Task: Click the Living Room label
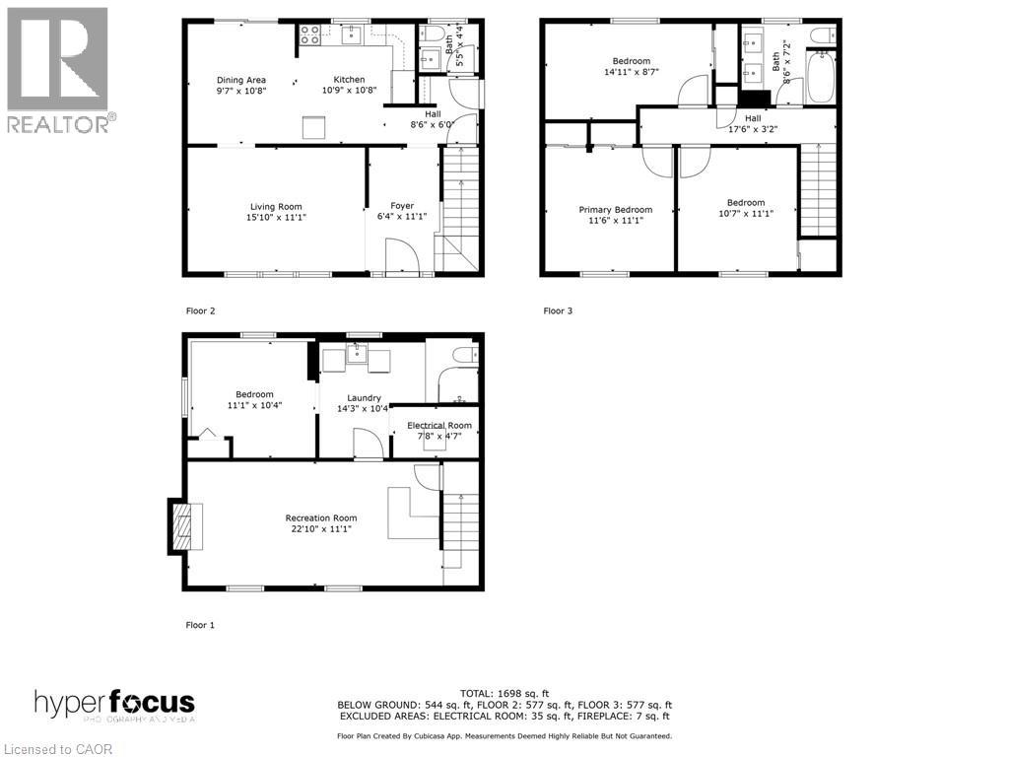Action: [277, 206]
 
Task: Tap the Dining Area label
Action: [241, 80]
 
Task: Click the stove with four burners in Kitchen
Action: [309, 35]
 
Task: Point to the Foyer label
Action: [401, 206]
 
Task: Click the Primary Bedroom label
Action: [615, 209]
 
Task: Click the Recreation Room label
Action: [321, 517]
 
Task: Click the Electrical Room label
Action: [439, 426]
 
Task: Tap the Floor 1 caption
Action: [200, 625]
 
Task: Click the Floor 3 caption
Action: [558, 310]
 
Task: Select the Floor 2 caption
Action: [200, 310]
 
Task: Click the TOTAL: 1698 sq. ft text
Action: [504, 692]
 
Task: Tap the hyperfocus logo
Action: [114, 705]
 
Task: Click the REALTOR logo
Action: [58, 69]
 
